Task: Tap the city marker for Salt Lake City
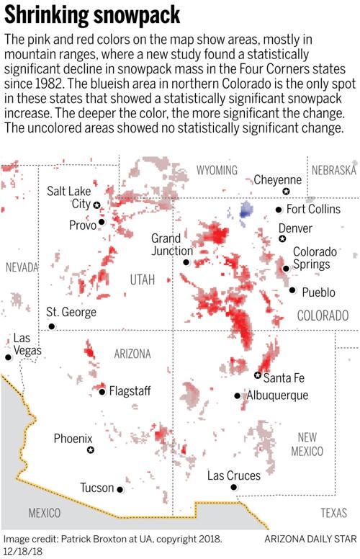coord(97,205)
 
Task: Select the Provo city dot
coord(102,222)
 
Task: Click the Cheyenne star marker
coord(286,191)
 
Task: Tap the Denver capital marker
coord(282,238)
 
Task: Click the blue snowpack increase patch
coord(246,210)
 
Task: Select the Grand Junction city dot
coord(186,262)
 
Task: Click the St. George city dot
coord(51,326)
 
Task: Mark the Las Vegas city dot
coord(9,357)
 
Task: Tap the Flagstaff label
coord(130,391)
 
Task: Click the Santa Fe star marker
coord(258,375)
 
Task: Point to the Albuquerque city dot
coord(238,395)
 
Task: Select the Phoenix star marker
coord(91,450)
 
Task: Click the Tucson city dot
coord(120,489)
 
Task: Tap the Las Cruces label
coord(233,475)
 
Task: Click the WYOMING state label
coord(217,170)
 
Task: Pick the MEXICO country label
coord(45,513)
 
